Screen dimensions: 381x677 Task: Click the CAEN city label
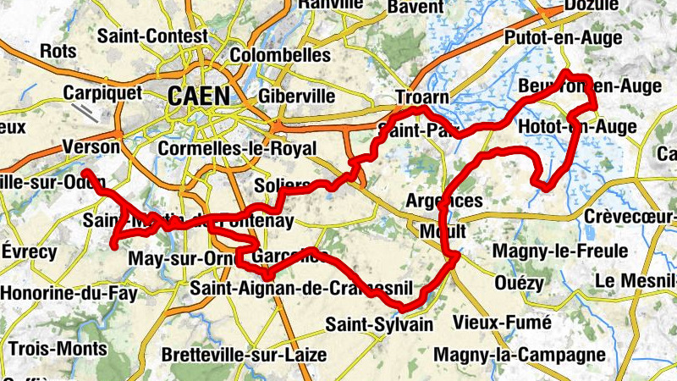coord(199,95)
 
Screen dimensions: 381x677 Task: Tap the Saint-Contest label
coord(152,37)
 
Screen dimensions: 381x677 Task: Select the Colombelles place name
coord(280,55)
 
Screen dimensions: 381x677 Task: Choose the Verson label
coord(91,146)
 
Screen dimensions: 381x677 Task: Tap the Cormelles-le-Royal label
coord(238,149)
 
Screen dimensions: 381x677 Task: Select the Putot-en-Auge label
coord(563,38)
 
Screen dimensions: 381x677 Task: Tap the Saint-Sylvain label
coord(379,324)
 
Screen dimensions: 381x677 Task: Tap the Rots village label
coord(58,52)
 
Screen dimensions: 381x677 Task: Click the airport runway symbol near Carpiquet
coord(85,113)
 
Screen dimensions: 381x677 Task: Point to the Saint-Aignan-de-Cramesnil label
coord(296,288)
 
